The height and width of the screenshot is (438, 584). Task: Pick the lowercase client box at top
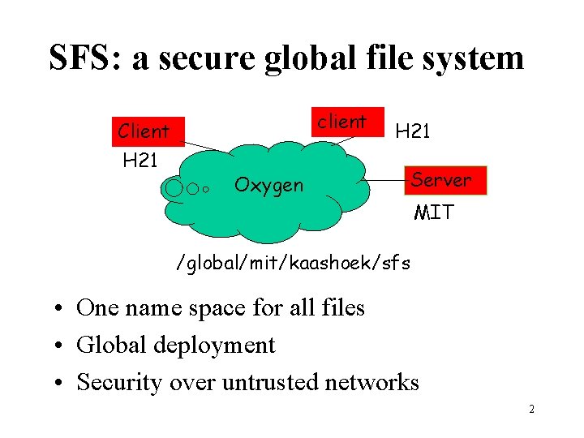[x=342, y=122]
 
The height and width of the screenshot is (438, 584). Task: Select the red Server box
[x=440, y=180]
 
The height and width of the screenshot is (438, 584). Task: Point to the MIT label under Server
[x=435, y=213]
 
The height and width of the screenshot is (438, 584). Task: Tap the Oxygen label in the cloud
[x=268, y=186]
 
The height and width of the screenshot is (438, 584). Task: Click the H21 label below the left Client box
[x=140, y=160]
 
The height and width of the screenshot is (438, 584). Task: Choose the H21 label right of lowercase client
[x=413, y=131]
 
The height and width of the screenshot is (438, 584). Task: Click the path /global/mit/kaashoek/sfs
[x=294, y=263]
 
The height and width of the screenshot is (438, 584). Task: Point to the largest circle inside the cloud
[x=174, y=189]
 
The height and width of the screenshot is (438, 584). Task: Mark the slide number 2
[x=531, y=409]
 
